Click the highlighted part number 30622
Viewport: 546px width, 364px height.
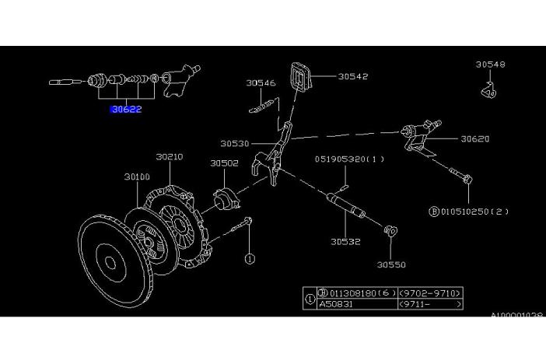tap(125, 110)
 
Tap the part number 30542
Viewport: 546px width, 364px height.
tap(352, 77)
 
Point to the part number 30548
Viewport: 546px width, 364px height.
tap(490, 65)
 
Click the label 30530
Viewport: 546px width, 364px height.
tap(234, 144)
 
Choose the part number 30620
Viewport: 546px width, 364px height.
tap(474, 140)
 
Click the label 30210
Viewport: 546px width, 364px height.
tap(169, 156)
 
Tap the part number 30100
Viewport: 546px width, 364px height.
tap(136, 177)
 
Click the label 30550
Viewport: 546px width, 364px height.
tap(392, 264)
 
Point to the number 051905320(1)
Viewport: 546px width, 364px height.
tap(349, 159)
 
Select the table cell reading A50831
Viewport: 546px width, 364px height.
tap(335, 306)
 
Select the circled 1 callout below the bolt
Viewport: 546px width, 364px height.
tap(250, 258)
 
